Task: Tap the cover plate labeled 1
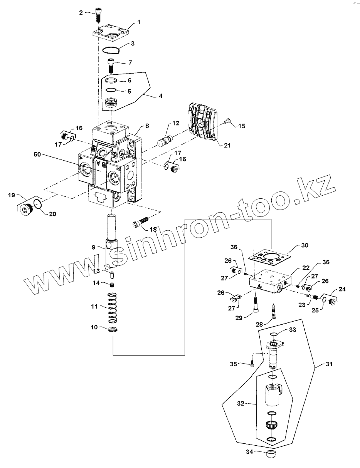coord(112,34)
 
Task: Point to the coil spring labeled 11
coord(112,308)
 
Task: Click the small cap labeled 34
coord(271,453)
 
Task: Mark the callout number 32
coord(241,403)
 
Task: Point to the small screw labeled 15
coord(227,121)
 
